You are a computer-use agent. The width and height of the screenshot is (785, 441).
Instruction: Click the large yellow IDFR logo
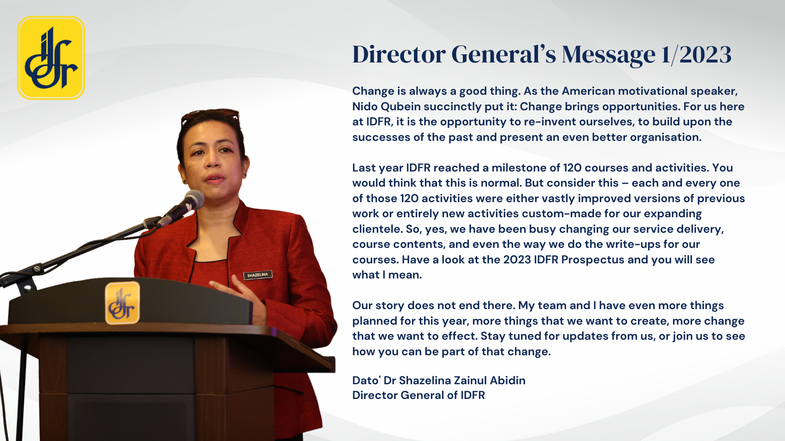click(x=51, y=58)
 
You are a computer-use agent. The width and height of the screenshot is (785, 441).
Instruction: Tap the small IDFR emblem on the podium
click(x=122, y=303)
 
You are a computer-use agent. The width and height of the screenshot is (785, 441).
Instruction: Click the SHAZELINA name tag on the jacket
click(x=258, y=275)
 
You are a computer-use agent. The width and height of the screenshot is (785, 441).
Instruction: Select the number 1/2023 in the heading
click(x=696, y=54)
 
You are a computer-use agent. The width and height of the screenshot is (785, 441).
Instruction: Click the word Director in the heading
click(x=399, y=54)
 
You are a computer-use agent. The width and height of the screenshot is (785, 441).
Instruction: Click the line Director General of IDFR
click(x=419, y=395)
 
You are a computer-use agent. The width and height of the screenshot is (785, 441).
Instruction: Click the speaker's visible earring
click(x=245, y=175)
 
